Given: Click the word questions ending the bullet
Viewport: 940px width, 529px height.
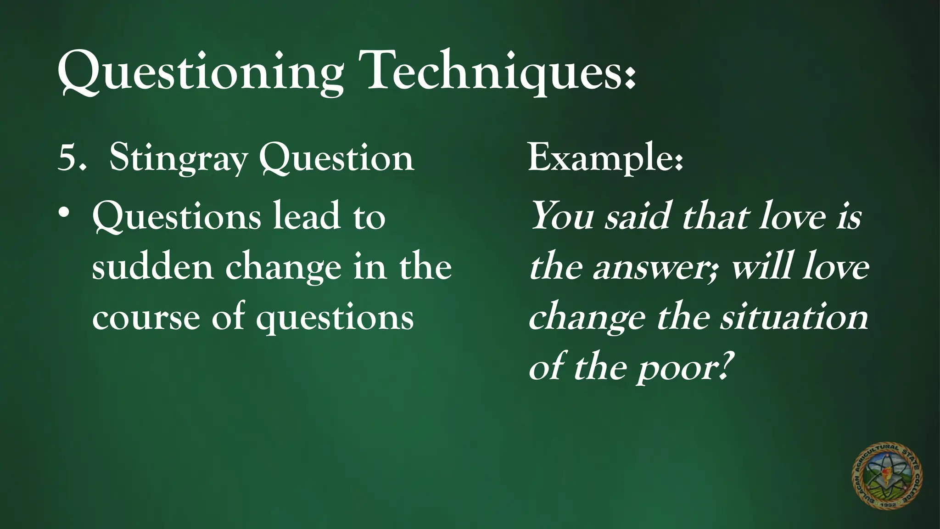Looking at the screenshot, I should [335, 319].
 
